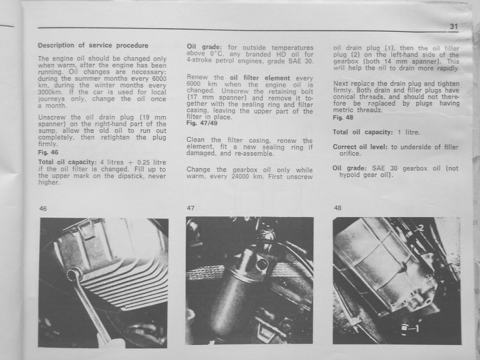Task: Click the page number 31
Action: point(454,26)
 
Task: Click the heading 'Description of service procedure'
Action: point(93,45)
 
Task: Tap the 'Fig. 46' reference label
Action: point(48,152)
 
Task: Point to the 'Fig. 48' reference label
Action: point(343,118)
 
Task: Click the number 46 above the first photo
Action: point(43,209)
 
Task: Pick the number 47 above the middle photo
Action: point(190,208)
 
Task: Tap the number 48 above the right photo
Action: point(337,208)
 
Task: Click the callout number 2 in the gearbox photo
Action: point(421,228)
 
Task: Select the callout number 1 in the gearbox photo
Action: point(416,328)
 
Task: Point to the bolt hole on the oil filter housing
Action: point(262,264)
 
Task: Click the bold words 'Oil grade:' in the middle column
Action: point(204,47)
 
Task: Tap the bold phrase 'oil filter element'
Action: point(260,78)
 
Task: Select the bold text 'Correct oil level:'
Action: point(360,147)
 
